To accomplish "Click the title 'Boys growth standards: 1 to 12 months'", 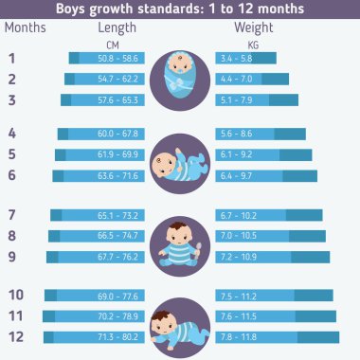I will click(180, 9).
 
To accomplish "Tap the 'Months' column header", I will click(26, 27).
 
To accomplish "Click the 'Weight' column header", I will click(253, 27).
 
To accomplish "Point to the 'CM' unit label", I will click(114, 44).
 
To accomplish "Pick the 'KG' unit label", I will click(253, 44).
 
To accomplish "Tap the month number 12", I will click(14, 337).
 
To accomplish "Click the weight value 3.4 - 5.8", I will click(236, 59).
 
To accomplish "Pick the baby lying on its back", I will click(179, 161).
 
